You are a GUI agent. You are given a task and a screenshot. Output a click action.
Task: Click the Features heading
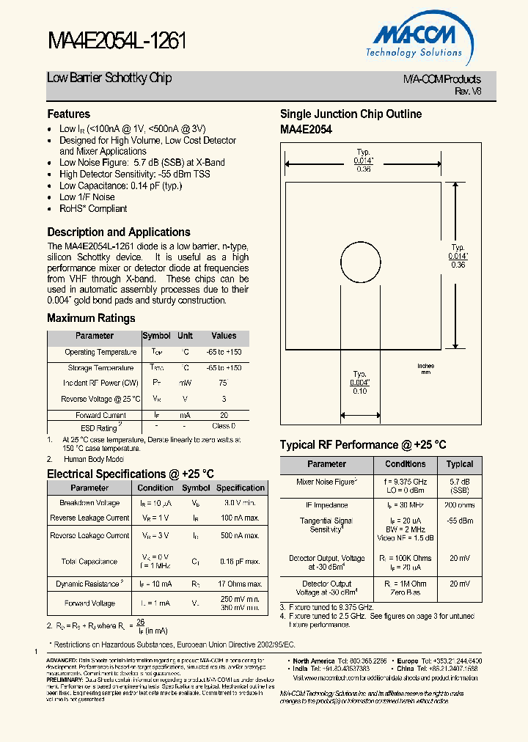pyautogui.click(x=69, y=114)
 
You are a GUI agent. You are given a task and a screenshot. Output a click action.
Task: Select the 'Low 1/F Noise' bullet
pyautogui.click(x=87, y=196)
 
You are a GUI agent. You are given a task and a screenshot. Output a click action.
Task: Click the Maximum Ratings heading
pyautogui.click(x=91, y=318)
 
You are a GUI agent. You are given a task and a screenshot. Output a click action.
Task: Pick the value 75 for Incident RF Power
pyautogui.click(x=223, y=383)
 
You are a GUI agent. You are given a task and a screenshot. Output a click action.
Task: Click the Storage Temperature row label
pyautogui.click(x=100, y=367)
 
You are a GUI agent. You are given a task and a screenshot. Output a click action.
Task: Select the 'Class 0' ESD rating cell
pyautogui.click(x=224, y=425)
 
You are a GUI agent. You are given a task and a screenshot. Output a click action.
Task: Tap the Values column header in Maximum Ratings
pyautogui.click(x=224, y=336)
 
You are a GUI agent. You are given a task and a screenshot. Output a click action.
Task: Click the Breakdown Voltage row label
pyautogui.click(x=89, y=503)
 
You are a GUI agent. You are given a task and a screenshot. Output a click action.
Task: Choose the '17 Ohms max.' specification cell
pyautogui.click(x=240, y=584)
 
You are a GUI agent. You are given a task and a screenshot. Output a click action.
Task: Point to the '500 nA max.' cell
pyautogui.click(x=240, y=536)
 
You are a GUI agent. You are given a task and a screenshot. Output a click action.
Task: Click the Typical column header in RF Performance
pyautogui.click(x=460, y=464)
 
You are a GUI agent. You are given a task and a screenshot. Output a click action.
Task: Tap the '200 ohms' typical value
pyautogui.click(x=460, y=505)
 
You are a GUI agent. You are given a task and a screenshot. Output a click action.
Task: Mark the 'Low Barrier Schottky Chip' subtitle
pyautogui.click(x=109, y=78)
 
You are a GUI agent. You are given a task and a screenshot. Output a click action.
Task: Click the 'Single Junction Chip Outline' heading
pyautogui.click(x=351, y=114)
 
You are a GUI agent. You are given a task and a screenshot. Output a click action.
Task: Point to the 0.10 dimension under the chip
pyautogui.click(x=359, y=391)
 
